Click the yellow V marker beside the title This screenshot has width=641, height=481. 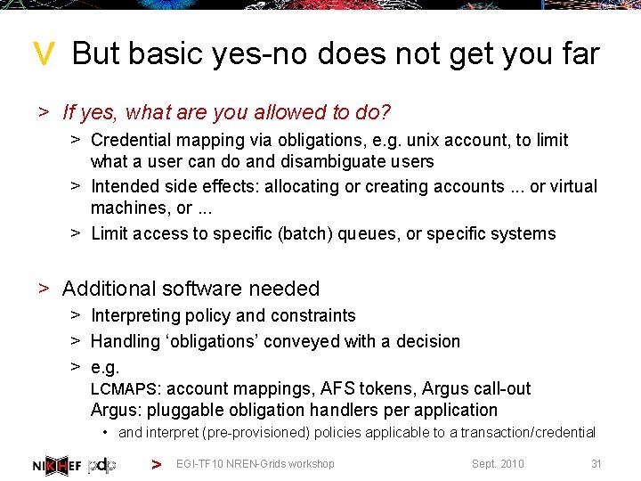(x=44, y=56)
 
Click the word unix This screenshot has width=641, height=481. (x=426, y=140)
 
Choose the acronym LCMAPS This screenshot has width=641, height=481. (x=124, y=389)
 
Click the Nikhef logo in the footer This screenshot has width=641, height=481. (x=56, y=464)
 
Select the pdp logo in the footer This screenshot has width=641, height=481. (x=101, y=464)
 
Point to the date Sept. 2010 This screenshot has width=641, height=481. (x=498, y=464)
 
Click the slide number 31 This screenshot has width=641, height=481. (x=596, y=464)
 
